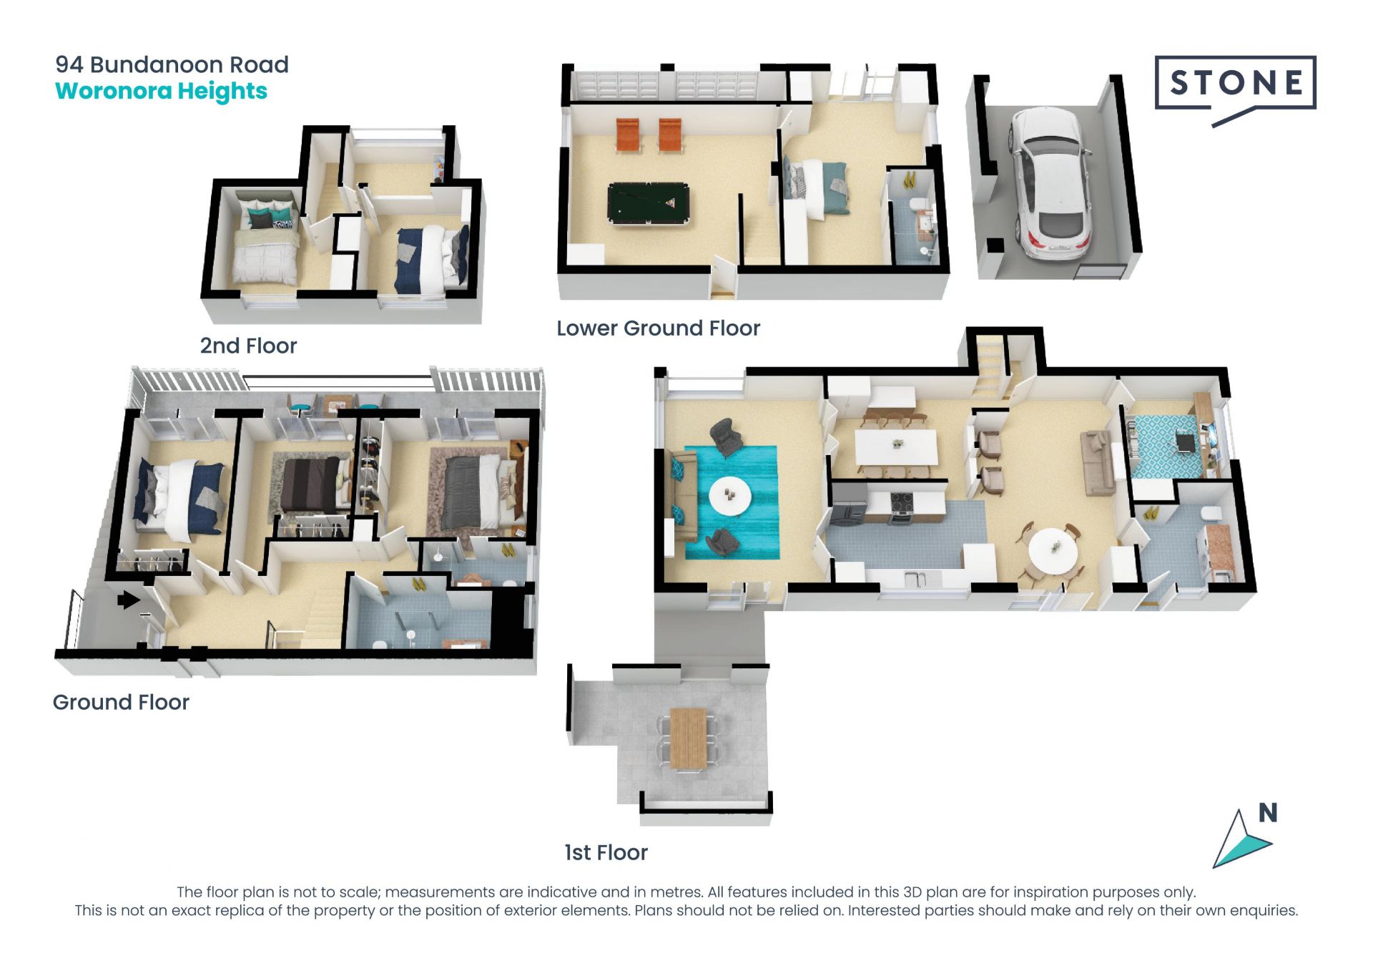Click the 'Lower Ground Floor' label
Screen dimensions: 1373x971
(658, 328)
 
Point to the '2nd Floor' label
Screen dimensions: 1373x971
(248, 346)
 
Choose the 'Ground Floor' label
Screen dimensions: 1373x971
(121, 702)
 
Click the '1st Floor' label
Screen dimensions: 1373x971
(606, 852)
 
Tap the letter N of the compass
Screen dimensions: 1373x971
(1268, 813)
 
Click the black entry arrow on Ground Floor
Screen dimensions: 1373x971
(129, 600)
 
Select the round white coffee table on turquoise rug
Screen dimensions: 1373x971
(730, 495)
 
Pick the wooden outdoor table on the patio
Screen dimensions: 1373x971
(689, 739)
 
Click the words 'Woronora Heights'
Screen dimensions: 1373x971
(161, 92)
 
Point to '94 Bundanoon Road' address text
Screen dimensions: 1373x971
(172, 64)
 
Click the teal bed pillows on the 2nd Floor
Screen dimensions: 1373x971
(266, 215)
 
